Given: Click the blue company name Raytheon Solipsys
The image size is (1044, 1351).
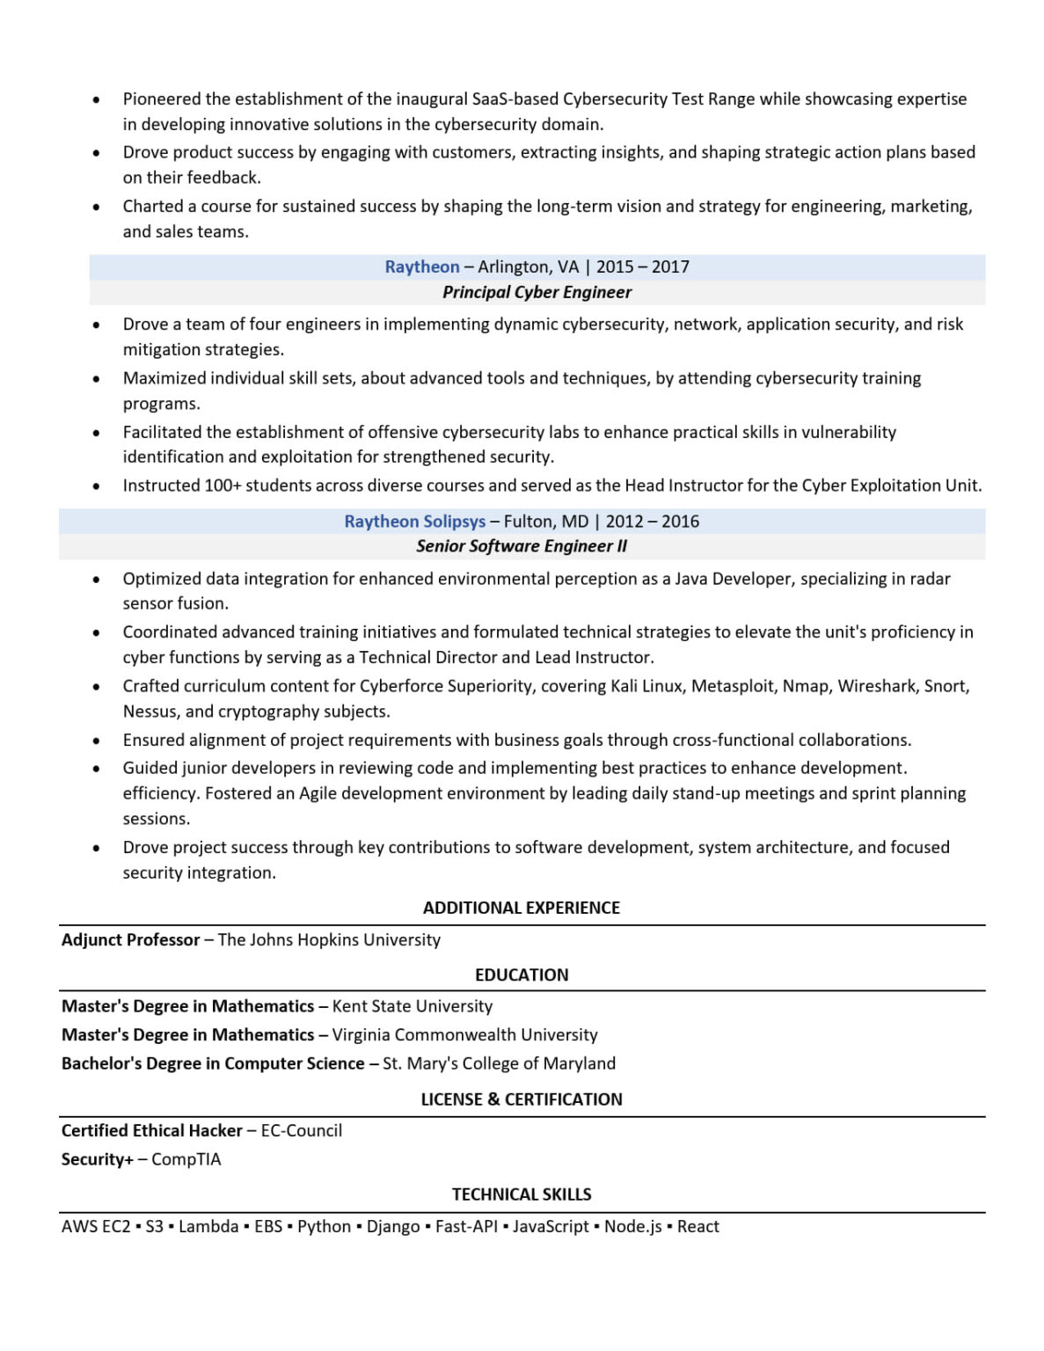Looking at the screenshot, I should tap(414, 522).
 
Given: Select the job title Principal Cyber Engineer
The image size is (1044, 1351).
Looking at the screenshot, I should tap(537, 292).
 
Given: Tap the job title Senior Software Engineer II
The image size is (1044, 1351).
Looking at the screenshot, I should tap(522, 546).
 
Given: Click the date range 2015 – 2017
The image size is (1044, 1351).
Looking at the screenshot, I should tap(643, 267).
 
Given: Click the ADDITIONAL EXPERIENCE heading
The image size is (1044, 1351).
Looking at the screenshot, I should tap(522, 908).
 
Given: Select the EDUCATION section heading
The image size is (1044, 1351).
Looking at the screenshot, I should tap(522, 975).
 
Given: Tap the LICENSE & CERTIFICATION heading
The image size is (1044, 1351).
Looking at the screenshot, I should tap(522, 1099).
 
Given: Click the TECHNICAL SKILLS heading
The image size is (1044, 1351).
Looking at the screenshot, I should tap(522, 1194).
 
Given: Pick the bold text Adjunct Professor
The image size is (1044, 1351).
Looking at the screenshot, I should tap(130, 940).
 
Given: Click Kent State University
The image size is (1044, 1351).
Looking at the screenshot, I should tap(412, 1006).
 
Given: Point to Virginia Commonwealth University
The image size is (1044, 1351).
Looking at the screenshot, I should tap(464, 1035).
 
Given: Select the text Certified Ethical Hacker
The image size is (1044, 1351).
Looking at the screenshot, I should tap(151, 1131).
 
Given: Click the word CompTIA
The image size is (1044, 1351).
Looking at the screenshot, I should tap(186, 1159).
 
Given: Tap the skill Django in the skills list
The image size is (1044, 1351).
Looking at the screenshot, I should tap(393, 1227).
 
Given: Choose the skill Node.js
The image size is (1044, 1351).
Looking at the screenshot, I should tap(632, 1227).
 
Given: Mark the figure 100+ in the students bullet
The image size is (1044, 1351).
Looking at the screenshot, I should tap(223, 486).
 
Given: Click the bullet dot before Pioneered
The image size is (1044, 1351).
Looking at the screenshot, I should tap(96, 100).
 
